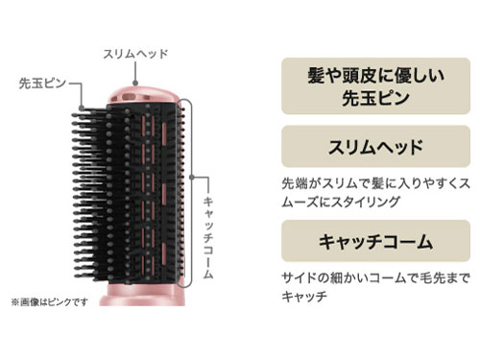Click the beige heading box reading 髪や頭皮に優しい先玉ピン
click(370, 85)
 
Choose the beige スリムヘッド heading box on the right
click(370, 149)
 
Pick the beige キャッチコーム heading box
click(370, 242)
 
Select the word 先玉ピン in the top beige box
click(370, 98)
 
